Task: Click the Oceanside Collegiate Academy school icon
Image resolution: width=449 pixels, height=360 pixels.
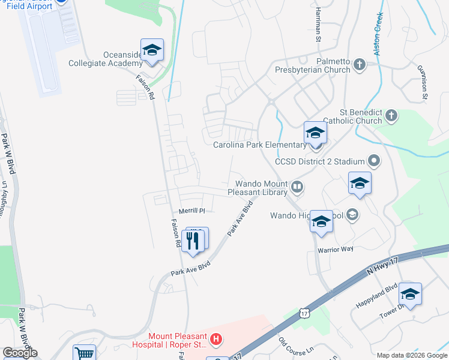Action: pos(152,50)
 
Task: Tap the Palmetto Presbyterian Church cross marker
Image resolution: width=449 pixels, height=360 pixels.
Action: pos(360,65)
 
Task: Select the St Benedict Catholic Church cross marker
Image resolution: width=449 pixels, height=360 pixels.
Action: pos(391,115)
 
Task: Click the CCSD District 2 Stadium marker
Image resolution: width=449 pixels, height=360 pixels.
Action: pos(375,161)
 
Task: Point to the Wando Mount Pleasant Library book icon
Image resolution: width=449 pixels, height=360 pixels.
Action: pos(297,188)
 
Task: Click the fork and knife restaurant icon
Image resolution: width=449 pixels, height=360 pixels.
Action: pos(193,241)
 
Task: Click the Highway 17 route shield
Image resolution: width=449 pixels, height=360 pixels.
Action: pos(306,313)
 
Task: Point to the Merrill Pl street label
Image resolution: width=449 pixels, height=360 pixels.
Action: pos(192,211)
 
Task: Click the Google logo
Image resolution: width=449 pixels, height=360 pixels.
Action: pos(20,353)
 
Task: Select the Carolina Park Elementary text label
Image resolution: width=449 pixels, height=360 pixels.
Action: pos(259,145)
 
